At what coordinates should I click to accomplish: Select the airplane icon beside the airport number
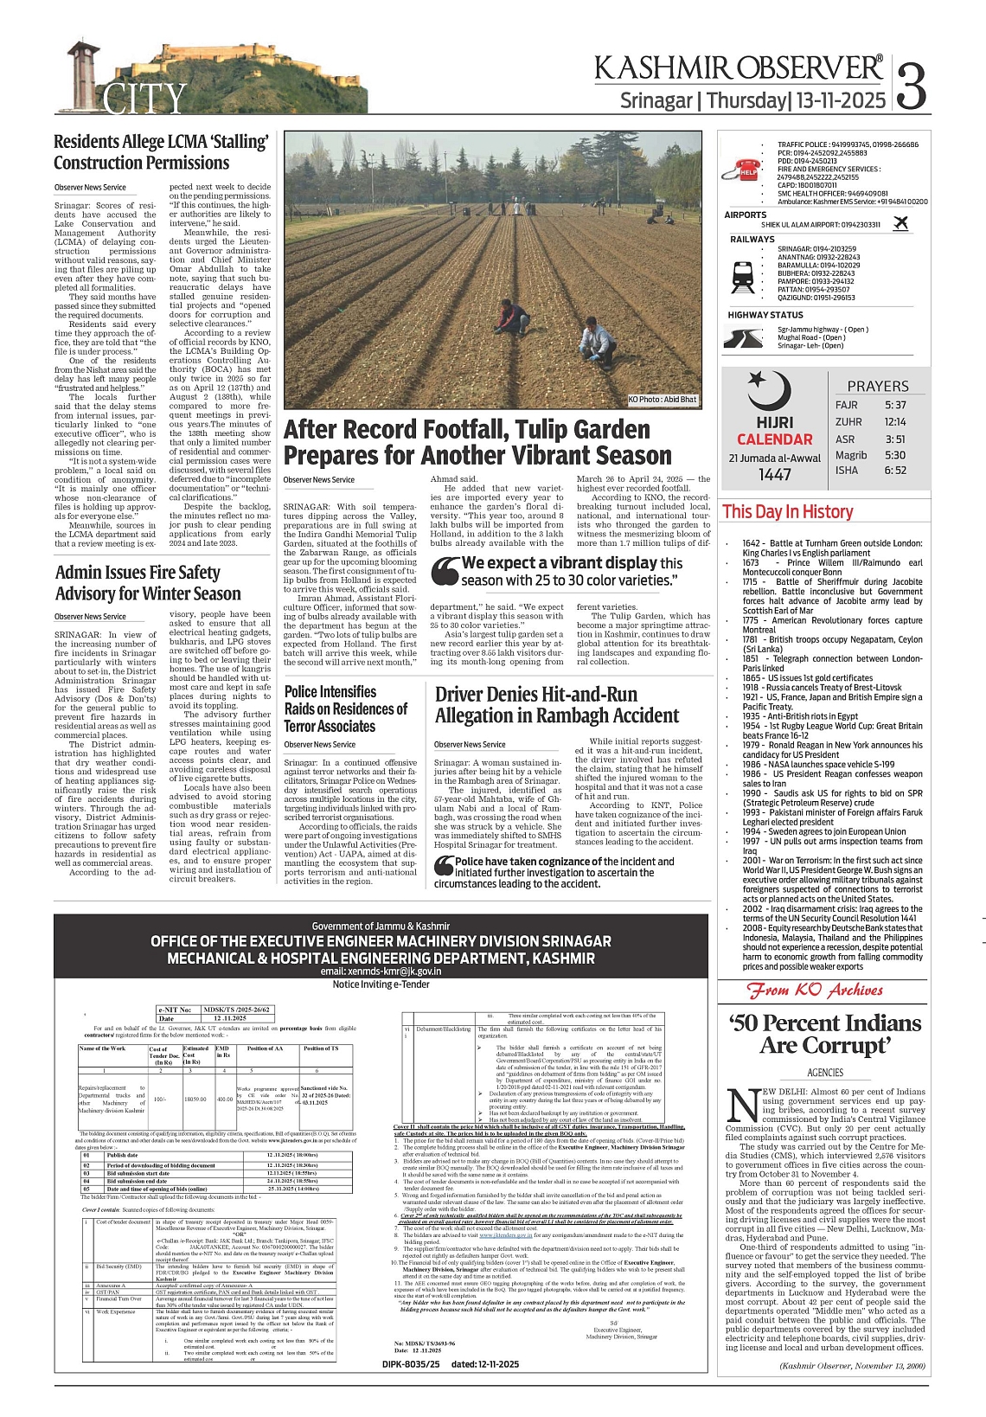pyautogui.click(x=900, y=224)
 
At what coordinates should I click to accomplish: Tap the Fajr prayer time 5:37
pyautogui.click(x=895, y=405)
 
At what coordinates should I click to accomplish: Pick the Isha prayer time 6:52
pyautogui.click(x=895, y=471)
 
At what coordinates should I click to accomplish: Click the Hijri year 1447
pyautogui.click(x=775, y=475)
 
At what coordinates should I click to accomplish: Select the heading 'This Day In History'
pyautogui.click(x=787, y=512)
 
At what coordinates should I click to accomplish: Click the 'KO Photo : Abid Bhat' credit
pyautogui.click(x=663, y=400)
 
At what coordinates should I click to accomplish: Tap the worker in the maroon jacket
pyautogui.click(x=514, y=317)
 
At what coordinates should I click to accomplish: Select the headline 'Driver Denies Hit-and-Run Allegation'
pyautogui.click(x=557, y=705)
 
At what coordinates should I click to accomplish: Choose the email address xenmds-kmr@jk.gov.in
pyautogui.click(x=381, y=971)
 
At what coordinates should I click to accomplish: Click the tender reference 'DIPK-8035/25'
pyautogui.click(x=411, y=1364)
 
